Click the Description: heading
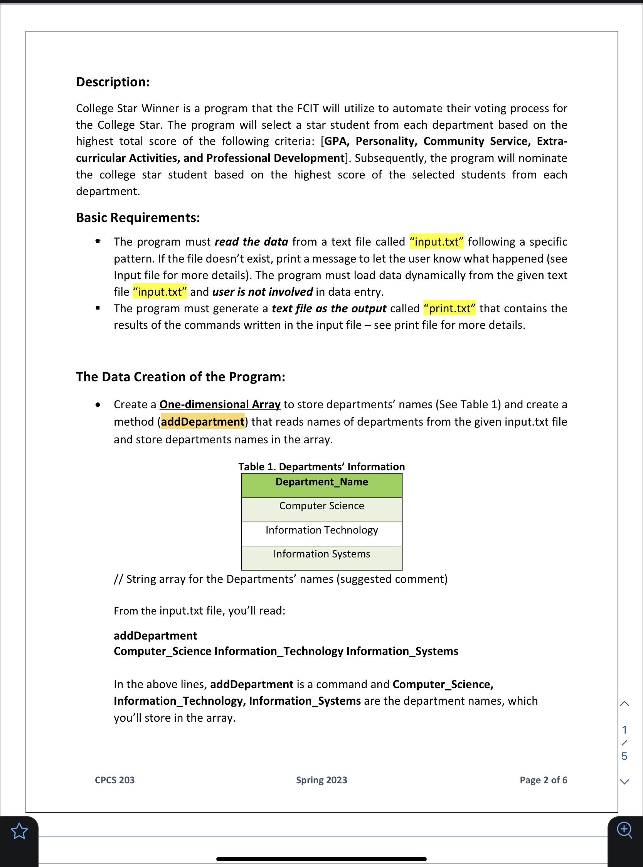(113, 82)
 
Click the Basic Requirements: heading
(138, 217)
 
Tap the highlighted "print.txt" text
(449, 308)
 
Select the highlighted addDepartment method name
(202, 422)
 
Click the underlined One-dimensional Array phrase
(219, 405)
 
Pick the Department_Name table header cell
(321, 482)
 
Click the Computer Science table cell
(321, 506)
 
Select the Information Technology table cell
(321, 530)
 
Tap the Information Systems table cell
(321, 554)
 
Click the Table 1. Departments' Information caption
(321, 467)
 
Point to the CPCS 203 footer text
(114, 780)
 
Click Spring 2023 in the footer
(321, 780)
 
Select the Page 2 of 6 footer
(544, 780)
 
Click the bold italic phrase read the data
(251, 242)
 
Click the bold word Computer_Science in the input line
(162, 652)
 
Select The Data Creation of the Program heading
(180, 377)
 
